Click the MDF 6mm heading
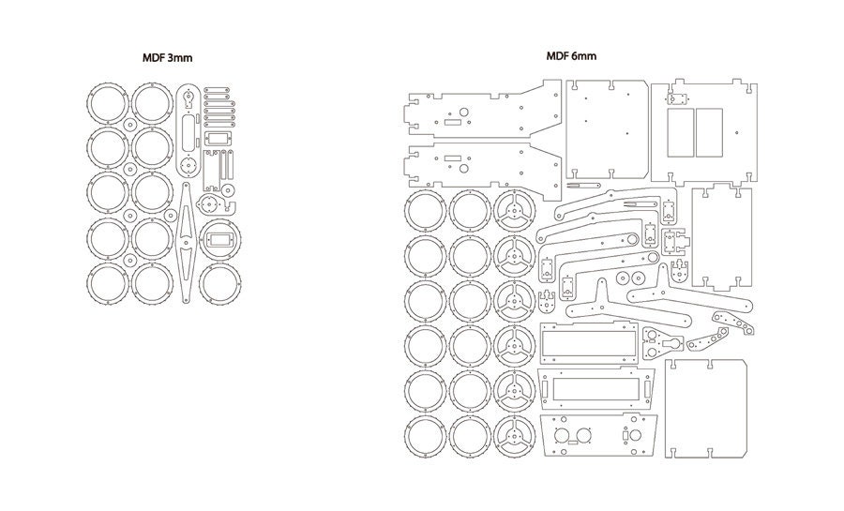571,56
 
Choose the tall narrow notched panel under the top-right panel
722,239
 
